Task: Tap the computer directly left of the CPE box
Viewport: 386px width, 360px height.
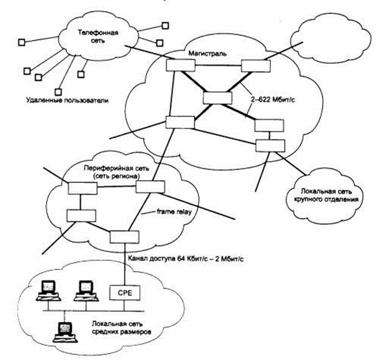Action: pos(83,290)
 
